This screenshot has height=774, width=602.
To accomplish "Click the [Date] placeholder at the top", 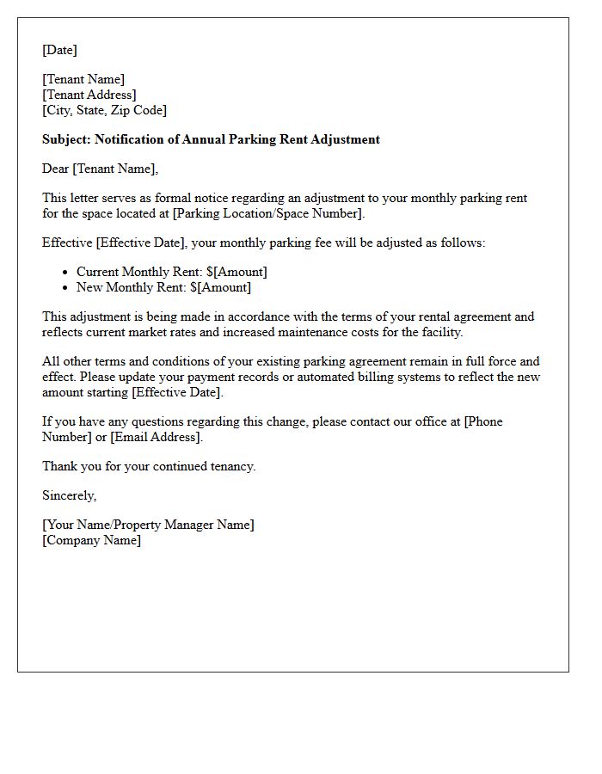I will (59, 50).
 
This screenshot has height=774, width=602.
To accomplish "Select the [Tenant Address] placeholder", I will (89, 95).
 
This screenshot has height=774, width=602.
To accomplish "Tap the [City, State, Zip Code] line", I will (104, 110).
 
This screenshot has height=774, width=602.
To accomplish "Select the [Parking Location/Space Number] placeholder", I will (269, 213).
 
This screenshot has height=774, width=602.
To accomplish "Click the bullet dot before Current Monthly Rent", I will (65, 273).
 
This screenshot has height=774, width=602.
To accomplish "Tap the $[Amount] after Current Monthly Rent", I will (236, 272).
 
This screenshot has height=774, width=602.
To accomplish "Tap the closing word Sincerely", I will (69, 495).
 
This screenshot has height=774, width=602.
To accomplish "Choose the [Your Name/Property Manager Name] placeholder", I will (148, 525).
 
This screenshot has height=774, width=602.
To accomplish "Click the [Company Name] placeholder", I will (91, 540).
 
